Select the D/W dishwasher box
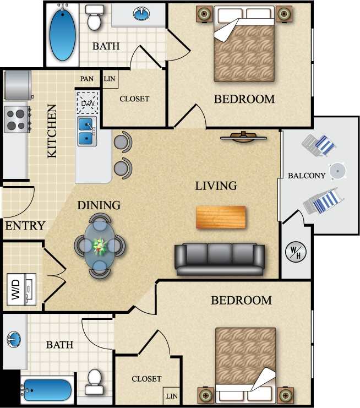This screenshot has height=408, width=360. (87, 102)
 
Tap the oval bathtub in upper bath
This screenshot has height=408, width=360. (63, 32)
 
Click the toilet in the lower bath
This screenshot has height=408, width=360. (95, 381)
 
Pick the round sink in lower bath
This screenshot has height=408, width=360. (13, 338)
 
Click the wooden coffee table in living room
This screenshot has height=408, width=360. (221, 217)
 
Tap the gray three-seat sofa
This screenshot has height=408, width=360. (220, 259)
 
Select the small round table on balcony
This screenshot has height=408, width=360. (337, 171)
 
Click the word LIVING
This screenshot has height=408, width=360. (216, 186)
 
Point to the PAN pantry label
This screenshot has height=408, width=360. (87, 79)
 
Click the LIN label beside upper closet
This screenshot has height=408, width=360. (110, 79)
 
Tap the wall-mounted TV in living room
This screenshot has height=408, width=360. (244, 137)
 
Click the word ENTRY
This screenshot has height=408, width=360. (25, 226)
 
